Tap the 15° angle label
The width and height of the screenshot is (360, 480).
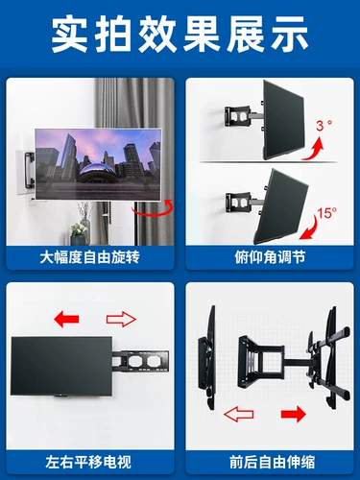tap(327, 213)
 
